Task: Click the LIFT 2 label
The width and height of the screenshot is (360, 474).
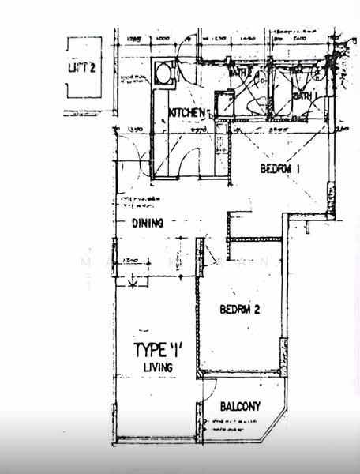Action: [82, 67]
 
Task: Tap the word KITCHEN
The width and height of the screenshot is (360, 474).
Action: [188, 113]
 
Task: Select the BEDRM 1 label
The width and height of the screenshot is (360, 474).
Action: [280, 169]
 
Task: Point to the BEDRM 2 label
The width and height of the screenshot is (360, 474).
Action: [239, 309]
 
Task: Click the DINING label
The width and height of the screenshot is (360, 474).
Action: [148, 224]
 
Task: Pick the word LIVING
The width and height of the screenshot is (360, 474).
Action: [158, 367]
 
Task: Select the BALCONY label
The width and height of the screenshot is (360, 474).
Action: [241, 407]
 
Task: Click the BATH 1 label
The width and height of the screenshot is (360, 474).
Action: [306, 96]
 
